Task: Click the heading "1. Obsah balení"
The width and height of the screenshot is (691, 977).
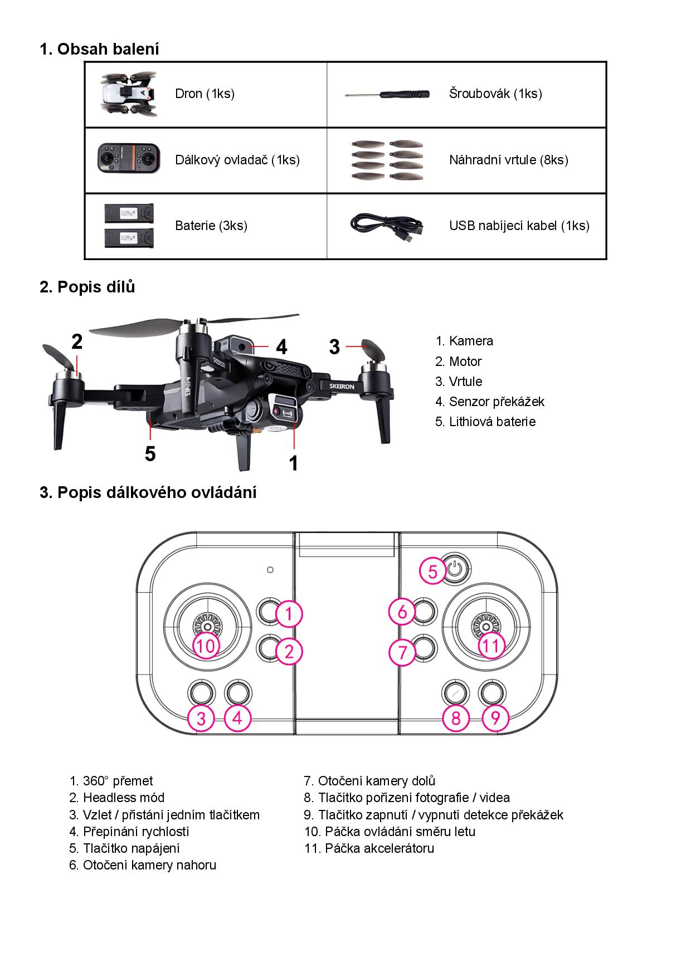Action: (x=99, y=49)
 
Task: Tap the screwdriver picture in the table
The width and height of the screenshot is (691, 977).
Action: (x=388, y=94)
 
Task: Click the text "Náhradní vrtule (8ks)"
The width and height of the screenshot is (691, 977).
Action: (x=508, y=160)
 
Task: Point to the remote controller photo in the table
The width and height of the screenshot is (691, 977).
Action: (x=129, y=159)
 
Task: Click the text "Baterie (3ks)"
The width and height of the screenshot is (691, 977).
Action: (x=211, y=226)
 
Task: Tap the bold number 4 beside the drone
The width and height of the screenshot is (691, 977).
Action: (x=282, y=347)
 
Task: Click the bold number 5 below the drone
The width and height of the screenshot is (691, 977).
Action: (x=150, y=454)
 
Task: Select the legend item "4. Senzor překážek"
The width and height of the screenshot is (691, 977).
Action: (x=489, y=402)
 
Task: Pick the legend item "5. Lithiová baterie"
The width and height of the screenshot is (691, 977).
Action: (x=485, y=422)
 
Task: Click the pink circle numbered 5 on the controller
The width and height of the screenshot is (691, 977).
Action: (x=433, y=571)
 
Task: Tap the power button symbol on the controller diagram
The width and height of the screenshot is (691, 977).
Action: (x=455, y=569)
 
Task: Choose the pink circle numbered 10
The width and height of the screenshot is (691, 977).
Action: (x=206, y=646)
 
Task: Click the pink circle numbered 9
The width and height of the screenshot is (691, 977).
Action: (x=495, y=717)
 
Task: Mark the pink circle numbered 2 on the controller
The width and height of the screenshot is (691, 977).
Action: (x=289, y=651)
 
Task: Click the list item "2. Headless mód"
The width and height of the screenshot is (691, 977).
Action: (x=116, y=798)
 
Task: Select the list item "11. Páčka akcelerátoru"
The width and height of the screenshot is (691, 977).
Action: (x=369, y=848)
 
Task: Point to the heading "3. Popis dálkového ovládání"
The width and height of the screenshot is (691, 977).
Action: (x=148, y=492)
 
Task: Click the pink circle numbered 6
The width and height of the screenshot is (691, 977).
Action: (x=402, y=612)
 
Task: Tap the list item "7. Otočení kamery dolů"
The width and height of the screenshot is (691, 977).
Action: (x=369, y=781)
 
